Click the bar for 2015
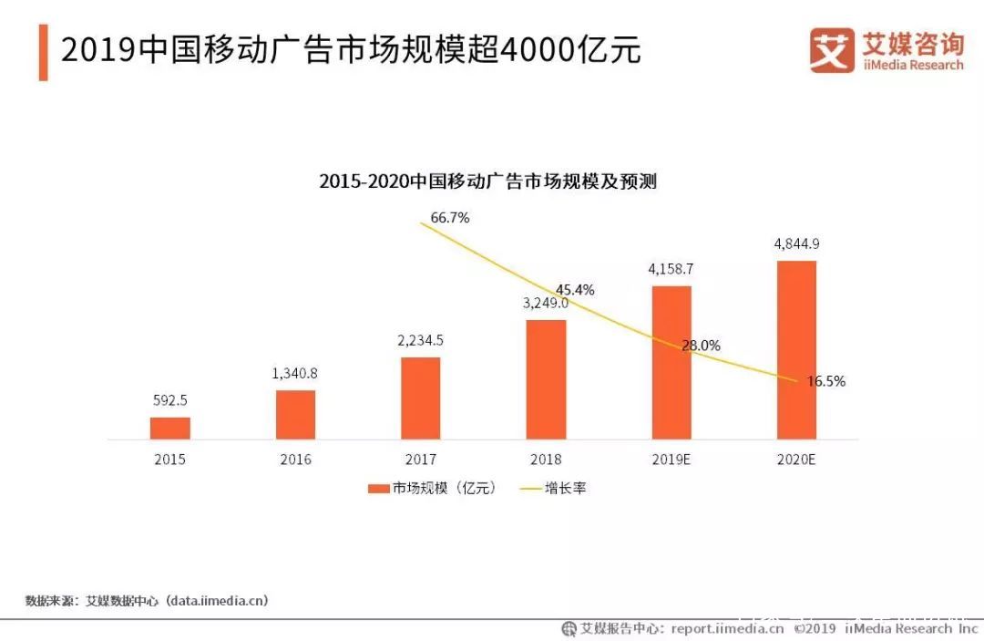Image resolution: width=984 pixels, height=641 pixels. tap(170, 429)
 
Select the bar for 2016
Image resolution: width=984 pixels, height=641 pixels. tap(296, 415)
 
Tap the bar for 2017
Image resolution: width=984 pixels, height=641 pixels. tap(421, 398)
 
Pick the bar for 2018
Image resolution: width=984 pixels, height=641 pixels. tap(546, 379)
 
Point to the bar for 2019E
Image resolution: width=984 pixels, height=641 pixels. tap(671, 363)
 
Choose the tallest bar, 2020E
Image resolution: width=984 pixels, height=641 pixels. tap(796, 350)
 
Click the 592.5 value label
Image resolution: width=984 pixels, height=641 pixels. tap(169, 400)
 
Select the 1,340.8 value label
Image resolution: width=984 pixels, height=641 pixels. tap(296, 373)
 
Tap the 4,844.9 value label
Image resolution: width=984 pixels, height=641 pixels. tap(796, 243)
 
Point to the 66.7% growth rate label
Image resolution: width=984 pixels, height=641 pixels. tap(450, 218)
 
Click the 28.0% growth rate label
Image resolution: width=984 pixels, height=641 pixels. tap(702, 346)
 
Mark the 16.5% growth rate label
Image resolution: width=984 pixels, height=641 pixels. tap(826, 381)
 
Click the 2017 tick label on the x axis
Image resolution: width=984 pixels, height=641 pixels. tap(421, 460)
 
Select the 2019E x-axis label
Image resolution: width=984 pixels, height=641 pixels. tap(671, 460)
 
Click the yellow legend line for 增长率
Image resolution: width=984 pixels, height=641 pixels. tap(529, 489)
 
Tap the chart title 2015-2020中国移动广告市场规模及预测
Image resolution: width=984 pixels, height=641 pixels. tap(487, 181)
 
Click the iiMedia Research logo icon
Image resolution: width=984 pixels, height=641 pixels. tap(832, 51)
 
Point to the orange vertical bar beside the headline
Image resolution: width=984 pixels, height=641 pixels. tap(43, 53)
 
